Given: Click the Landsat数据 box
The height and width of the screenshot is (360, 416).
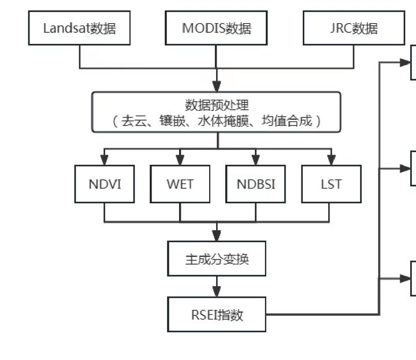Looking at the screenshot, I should coord(79,28).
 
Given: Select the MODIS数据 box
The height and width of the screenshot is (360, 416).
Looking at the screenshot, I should coord(216,28).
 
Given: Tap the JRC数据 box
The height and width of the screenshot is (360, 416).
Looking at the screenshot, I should coord(354,28).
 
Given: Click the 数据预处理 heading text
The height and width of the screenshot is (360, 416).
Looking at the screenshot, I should coord(217,105).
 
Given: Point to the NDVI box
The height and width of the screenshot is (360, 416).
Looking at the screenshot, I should coord(105,184).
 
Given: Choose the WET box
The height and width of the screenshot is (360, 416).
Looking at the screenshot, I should coord(180,184).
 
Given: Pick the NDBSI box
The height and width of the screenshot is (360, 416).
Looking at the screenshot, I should coord(255,184).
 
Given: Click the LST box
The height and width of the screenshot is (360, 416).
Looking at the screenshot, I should coord(331,184).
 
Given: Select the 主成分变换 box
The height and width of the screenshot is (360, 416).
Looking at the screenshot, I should coord(217,259).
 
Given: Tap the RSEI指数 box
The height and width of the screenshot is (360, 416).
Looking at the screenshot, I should coord(217,315).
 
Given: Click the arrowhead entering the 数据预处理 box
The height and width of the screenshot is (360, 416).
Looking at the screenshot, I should coord(217,86).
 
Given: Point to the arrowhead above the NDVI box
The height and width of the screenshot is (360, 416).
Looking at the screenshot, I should coord(105,160).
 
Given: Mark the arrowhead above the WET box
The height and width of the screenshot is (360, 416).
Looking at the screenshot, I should coord(180,160).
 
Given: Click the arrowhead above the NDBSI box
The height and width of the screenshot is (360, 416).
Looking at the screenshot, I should coord(255,160).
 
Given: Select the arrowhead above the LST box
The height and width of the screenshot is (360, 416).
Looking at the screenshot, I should coord(331,160).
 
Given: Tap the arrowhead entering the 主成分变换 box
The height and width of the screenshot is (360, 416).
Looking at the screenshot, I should coord(217,236).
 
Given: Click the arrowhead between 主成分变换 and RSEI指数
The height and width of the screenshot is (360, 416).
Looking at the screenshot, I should coord(217,291).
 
